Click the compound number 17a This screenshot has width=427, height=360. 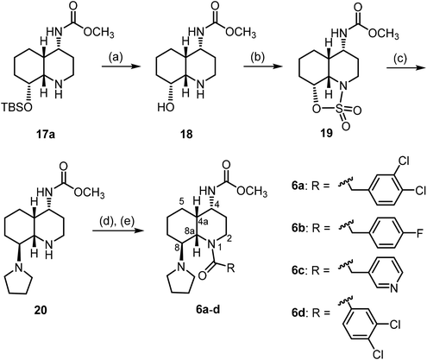(x=45, y=134)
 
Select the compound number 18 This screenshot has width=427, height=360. (x=186, y=134)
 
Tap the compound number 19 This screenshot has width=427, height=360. (x=326, y=133)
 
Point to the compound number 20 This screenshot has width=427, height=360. (x=41, y=311)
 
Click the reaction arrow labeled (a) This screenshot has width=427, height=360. (x=119, y=66)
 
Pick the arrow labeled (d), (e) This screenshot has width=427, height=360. (x=118, y=231)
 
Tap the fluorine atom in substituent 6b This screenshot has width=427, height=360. (x=420, y=232)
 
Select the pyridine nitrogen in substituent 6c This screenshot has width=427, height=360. (x=393, y=288)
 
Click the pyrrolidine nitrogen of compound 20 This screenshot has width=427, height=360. (x=19, y=268)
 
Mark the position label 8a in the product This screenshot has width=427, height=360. (x=187, y=231)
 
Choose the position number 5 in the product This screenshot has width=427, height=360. (x=181, y=202)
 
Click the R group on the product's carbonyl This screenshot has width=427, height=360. (x=231, y=268)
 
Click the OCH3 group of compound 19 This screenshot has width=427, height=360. (x=383, y=35)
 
